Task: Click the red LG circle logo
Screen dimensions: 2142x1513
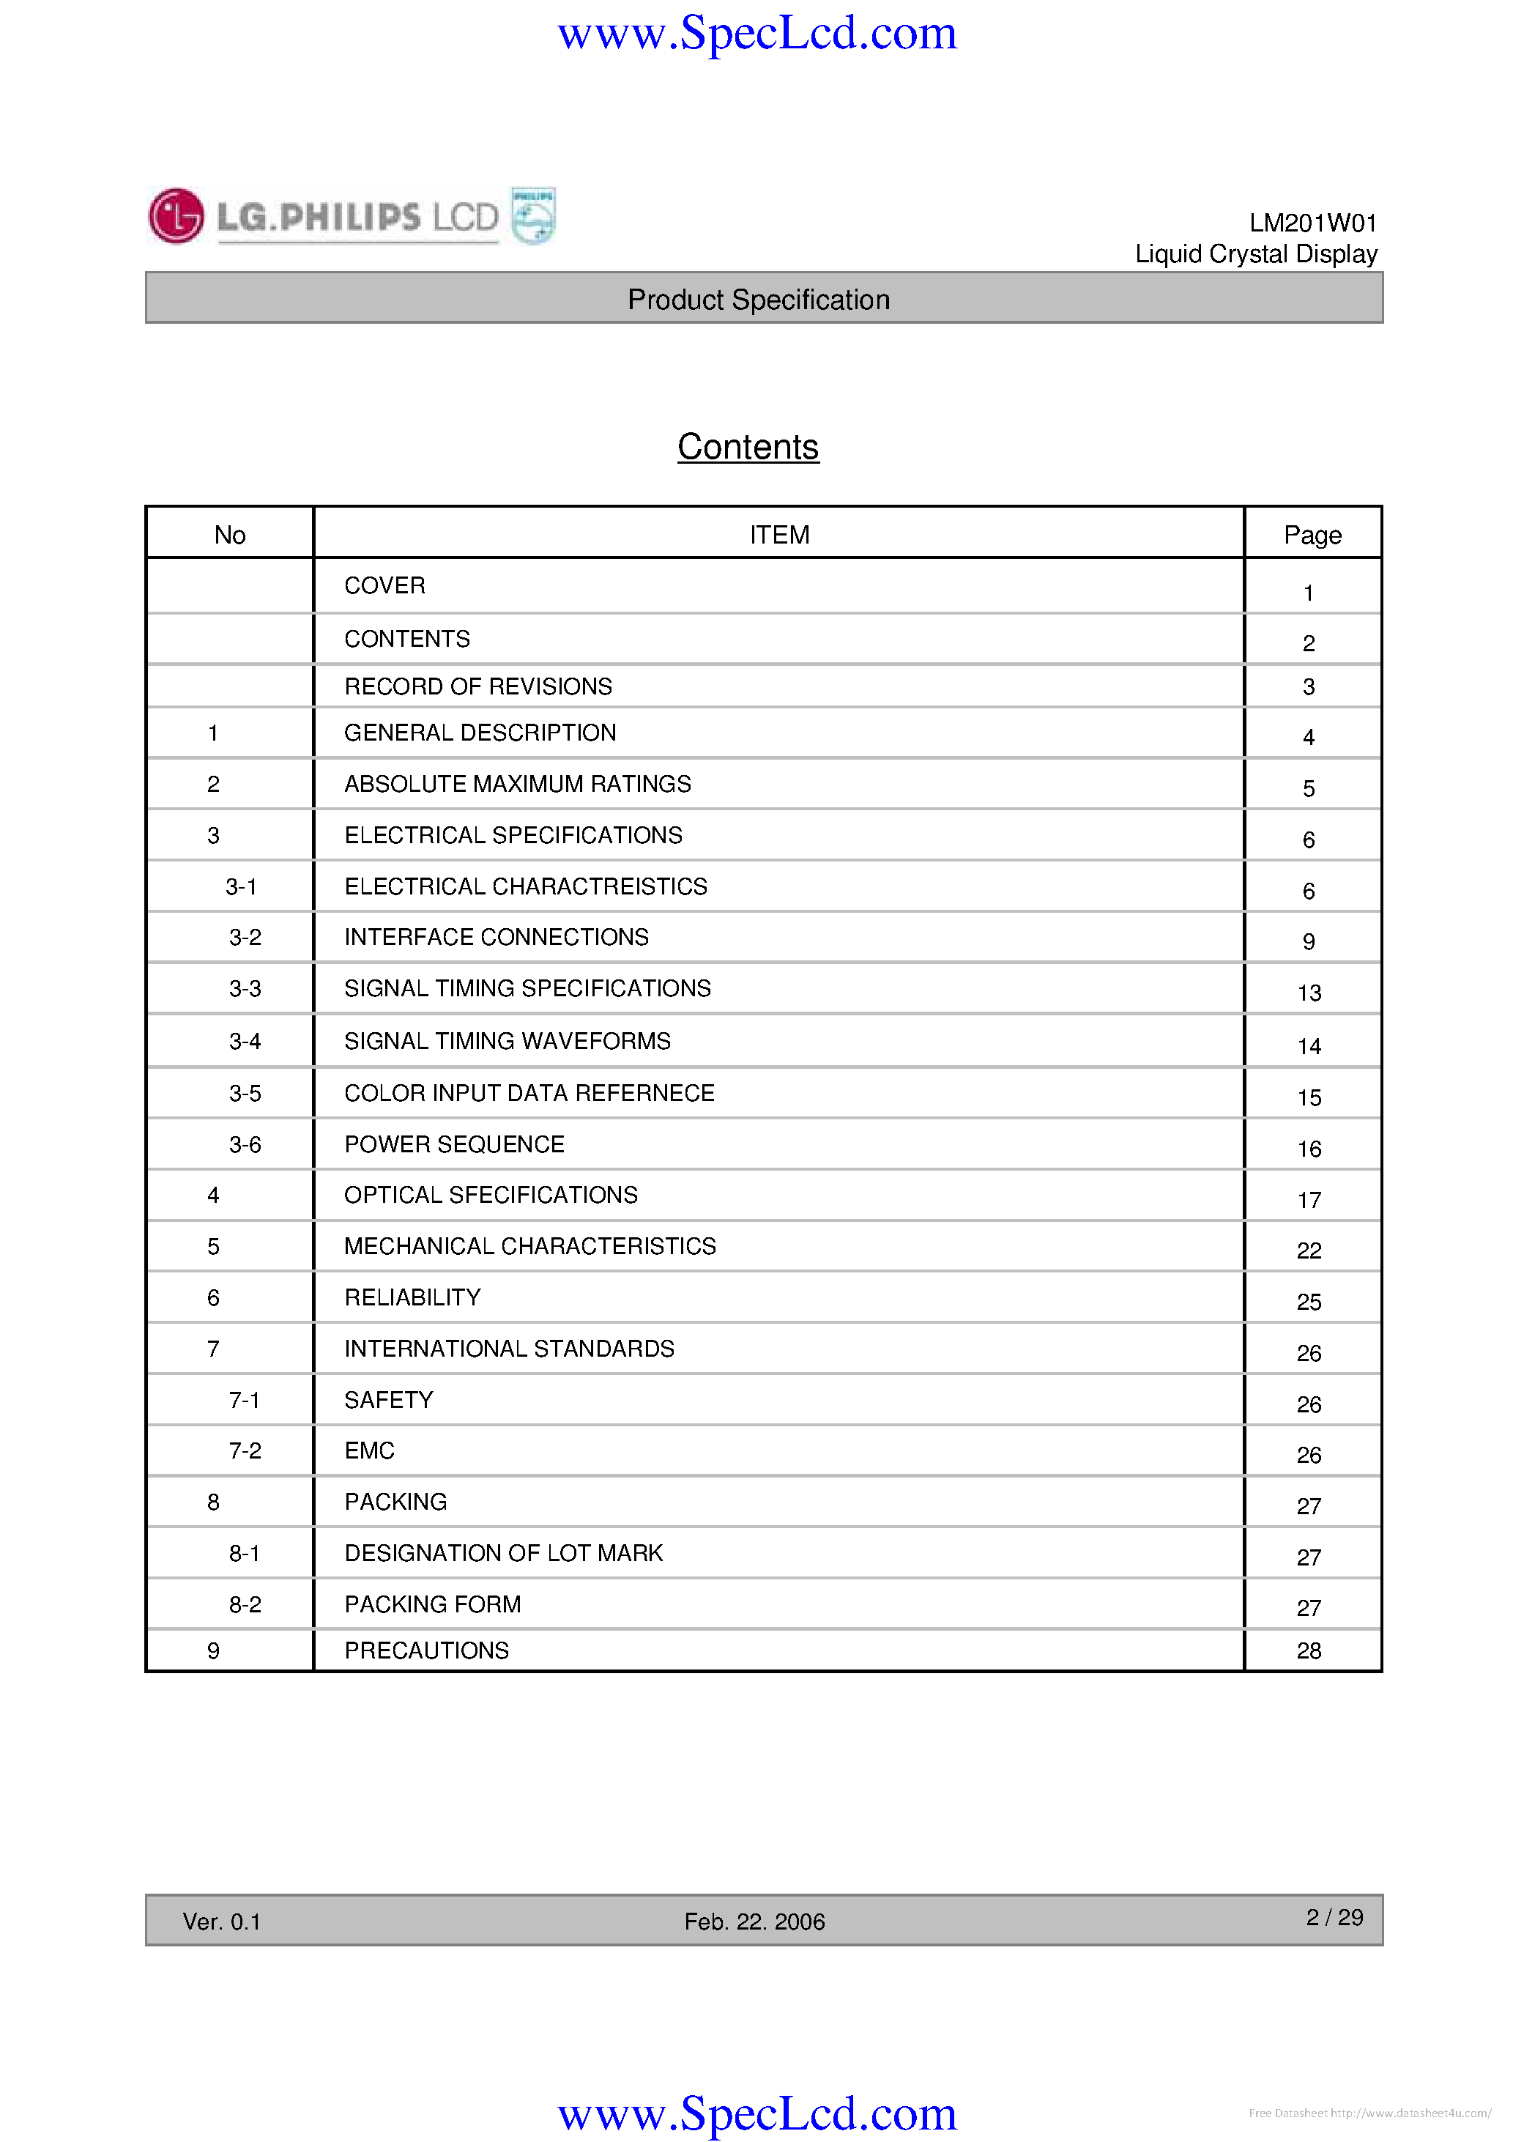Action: [176, 216]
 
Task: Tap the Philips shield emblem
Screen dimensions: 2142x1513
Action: [534, 216]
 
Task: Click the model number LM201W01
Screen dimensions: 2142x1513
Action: [1312, 223]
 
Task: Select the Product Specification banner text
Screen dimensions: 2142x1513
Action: [759, 300]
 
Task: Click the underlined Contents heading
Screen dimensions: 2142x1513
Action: [748, 447]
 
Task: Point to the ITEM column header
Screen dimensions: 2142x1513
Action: [779, 535]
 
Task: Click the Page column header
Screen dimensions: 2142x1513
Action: [1312, 535]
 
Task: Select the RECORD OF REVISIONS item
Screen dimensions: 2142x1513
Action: [477, 686]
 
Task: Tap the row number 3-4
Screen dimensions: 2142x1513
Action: [245, 1041]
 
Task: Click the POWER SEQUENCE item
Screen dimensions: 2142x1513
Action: [454, 1145]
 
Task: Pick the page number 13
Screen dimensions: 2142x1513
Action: [1309, 993]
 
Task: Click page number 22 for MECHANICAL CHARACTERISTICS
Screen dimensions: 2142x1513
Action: [1309, 1250]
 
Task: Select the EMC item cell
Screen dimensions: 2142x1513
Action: [369, 1450]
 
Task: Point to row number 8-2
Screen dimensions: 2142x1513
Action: [245, 1604]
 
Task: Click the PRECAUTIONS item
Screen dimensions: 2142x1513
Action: [426, 1650]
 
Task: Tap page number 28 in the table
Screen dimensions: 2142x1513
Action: [1309, 1651]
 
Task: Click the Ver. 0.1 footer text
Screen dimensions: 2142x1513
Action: [222, 1921]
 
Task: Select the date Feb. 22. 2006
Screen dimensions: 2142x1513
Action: [754, 1921]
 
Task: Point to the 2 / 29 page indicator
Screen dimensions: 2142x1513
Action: [1334, 1917]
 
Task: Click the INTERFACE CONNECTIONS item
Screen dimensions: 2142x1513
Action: [497, 937]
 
